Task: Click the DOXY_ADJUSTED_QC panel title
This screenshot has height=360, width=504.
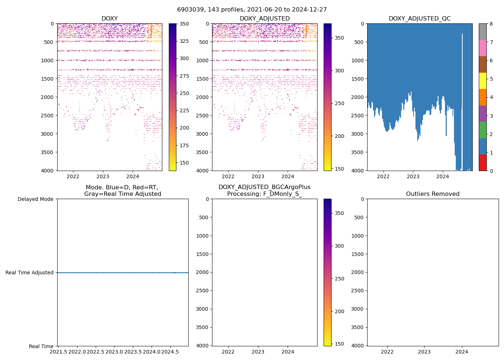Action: (x=419, y=18)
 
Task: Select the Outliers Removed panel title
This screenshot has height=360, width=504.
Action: (x=433, y=194)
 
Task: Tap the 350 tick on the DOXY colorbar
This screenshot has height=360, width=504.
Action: (x=184, y=24)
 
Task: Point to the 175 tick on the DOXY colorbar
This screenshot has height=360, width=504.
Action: (x=184, y=145)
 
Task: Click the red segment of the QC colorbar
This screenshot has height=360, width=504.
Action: (x=482, y=162)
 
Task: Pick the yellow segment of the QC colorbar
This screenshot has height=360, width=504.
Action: (x=482, y=81)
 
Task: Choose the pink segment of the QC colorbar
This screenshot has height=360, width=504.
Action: (x=482, y=48)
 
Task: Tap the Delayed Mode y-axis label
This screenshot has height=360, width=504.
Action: (x=35, y=199)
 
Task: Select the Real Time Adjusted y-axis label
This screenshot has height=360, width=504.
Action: (x=30, y=273)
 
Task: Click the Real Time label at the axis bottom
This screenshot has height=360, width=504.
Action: (x=41, y=346)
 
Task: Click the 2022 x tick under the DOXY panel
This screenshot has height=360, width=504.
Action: (x=73, y=176)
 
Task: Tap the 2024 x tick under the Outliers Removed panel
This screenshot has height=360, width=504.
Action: (x=462, y=351)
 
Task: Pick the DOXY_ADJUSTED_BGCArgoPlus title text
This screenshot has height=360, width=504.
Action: (x=264, y=187)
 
